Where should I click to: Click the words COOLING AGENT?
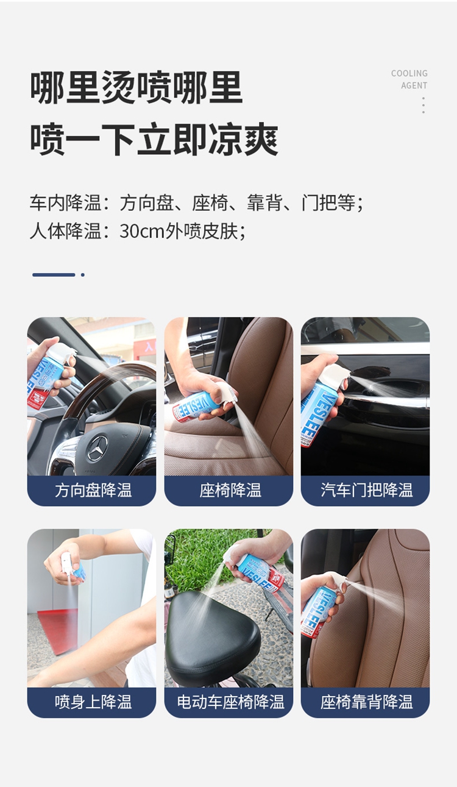pos(409,79)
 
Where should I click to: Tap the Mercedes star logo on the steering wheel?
pos(97,448)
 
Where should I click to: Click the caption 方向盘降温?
pos(93,490)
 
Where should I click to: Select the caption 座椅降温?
pos(230,490)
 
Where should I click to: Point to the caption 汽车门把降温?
pos(366,490)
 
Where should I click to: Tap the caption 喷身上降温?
pos(93,702)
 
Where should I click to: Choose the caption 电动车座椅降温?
pos(230,702)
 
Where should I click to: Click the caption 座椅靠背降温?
pos(366,702)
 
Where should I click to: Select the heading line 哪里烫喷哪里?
pos(136,88)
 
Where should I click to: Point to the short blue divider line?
pos(54,275)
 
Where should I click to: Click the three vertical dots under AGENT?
pos(423,105)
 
